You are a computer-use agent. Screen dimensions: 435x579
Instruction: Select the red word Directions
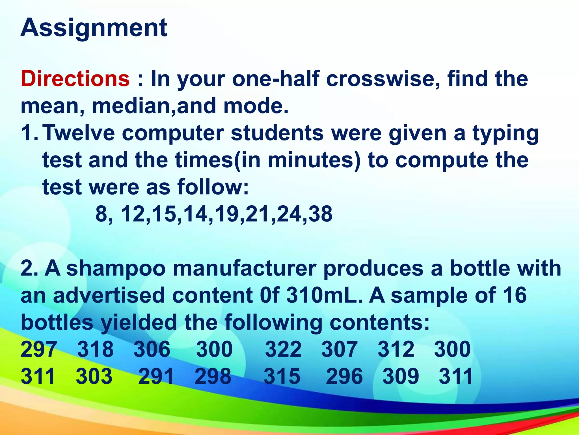click(75, 78)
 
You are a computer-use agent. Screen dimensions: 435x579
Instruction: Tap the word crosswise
click(383, 78)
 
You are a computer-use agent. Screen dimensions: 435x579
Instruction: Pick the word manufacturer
click(245, 268)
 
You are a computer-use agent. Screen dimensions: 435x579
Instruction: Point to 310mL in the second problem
click(324, 295)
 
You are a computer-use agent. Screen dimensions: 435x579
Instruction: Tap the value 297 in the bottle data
click(39, 349)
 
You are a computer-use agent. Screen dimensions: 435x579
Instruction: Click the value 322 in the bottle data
click(283, 349)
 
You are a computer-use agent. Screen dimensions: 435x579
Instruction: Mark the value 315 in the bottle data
click(282, 376)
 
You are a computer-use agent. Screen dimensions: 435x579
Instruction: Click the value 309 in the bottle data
click(401, 376)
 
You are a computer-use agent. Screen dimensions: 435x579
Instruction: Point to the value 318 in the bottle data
click(96, 349)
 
